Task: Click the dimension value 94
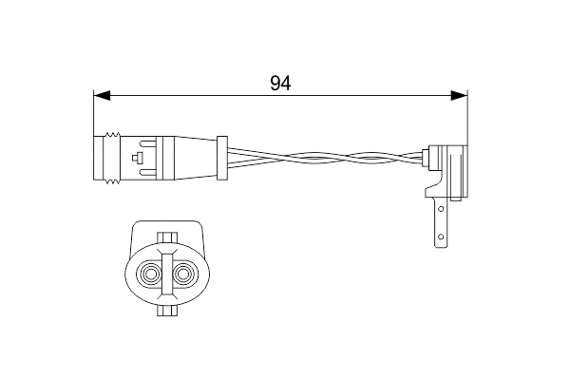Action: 279,83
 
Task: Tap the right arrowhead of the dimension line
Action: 459,95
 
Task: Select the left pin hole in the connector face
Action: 150,276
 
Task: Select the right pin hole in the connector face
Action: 182,276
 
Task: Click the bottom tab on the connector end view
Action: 166,312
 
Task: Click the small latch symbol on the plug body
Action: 140,158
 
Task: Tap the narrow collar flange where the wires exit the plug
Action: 222,157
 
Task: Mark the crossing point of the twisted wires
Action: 313,158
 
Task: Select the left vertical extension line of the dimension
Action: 93,114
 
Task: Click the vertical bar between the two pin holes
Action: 166,276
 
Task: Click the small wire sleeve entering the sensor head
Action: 424,154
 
